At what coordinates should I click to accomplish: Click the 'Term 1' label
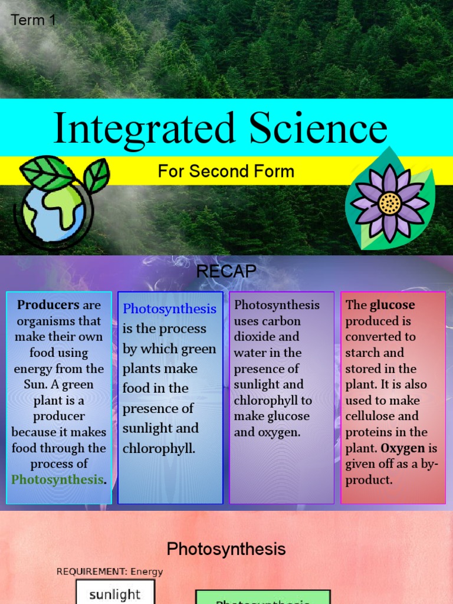coord(33,20)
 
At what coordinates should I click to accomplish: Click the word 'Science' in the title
coord(318,129)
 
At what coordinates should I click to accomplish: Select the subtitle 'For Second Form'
coord(226,172)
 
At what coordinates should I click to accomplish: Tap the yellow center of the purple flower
coord(390,203)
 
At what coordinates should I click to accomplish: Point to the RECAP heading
coord(226,271)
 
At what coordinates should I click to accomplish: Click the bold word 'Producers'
coord(48,306)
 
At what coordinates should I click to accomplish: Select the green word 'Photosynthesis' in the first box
coord(57,480)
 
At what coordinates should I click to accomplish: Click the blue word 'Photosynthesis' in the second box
coord(169,309)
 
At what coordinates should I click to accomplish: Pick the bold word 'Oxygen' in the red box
coord(403,448)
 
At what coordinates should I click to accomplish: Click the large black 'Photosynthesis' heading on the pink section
coord(226,549)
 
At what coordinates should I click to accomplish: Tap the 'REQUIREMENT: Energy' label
coord(110,572)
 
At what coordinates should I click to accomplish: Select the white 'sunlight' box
coord(115,593)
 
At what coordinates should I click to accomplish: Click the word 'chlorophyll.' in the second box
coord(159,448)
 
